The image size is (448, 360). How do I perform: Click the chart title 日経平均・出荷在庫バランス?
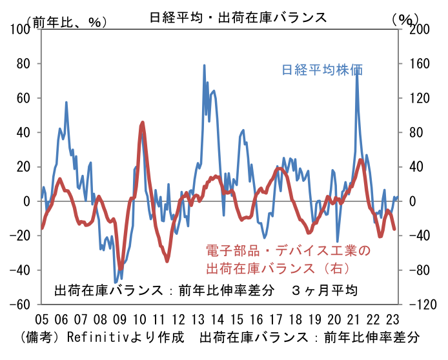pos(238,17)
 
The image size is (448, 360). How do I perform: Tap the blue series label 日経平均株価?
pos(322,70)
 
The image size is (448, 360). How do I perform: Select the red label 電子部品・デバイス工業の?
pos(288,251)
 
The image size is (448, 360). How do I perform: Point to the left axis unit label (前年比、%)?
pos(67,22)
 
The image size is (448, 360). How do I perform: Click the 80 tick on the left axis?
pos(23,64)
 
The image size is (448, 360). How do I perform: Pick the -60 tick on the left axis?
pos(20,305)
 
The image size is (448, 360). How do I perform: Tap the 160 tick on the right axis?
pos(419,64)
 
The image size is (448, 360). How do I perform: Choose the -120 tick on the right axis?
pos(423,305)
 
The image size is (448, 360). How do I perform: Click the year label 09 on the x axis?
pos(119,319)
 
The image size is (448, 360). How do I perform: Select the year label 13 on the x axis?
pos(198,319)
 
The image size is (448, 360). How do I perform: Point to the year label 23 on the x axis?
pos(392,319)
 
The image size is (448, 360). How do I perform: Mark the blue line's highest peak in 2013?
pos(204,65)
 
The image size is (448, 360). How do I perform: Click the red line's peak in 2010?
pos(143,123)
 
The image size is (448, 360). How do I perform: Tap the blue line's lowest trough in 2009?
pos(116,283)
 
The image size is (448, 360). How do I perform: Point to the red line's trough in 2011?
pos(167,261)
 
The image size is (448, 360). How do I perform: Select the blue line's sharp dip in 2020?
pos(338,241)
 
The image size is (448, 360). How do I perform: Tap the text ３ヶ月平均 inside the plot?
pos(324,290)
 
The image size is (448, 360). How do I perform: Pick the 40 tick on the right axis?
pos(416,166)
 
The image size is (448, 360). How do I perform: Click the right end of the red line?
pos(394,229)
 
